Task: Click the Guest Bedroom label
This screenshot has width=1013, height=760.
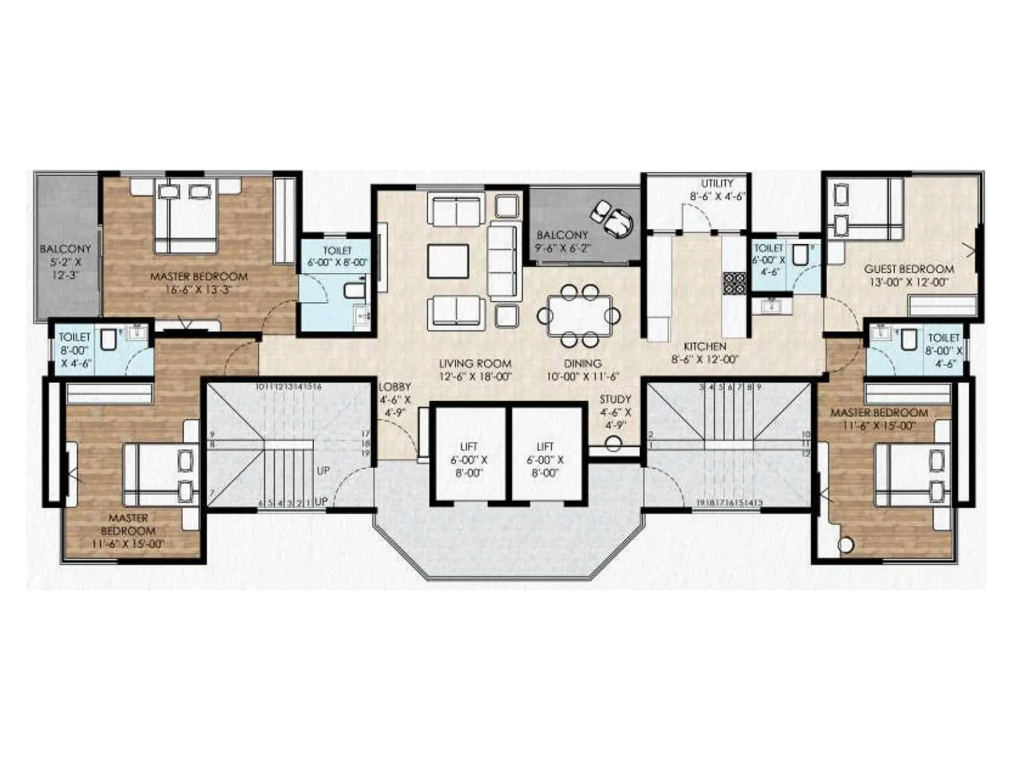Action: point(909,269)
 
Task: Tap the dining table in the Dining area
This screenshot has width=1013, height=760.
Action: point(579,315)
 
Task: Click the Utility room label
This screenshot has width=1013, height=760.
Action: point(717,184)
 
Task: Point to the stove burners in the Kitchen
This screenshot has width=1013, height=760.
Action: point(735,283)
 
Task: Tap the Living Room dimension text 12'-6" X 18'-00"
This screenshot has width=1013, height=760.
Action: point(475,376)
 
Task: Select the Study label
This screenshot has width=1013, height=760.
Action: point(615,400)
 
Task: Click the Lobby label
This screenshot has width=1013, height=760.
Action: point(394,387)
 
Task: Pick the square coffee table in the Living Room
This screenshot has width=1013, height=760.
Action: point(448,261)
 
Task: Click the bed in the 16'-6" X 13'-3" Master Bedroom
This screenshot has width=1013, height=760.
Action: point(187,215)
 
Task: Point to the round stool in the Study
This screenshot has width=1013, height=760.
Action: point(613,443)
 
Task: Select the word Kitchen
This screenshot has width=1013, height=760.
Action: point(705,346)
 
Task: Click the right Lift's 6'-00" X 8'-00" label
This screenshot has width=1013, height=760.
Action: point(545,466)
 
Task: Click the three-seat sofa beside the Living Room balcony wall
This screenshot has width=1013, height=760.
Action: point(505,261)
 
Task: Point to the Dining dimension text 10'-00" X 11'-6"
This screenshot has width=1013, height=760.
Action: point(582,376)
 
